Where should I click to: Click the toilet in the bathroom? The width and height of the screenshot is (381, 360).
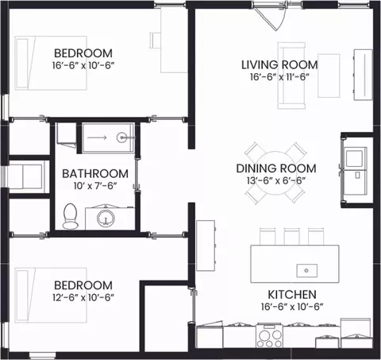(x=71, y=216)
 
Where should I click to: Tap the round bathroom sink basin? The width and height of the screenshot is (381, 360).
(x=106, y=218)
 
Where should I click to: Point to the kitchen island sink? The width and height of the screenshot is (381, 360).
(x=306, y=270)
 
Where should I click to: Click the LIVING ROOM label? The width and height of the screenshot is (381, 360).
(x=279, y=65)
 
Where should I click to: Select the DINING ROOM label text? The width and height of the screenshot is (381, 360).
(x=276, y=168)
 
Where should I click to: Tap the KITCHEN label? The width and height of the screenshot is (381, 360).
(x=292, y=295)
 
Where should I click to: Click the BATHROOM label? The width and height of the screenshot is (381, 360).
(x=95, y=174)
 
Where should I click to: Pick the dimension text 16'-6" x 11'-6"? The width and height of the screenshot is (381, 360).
(x=279, y=77)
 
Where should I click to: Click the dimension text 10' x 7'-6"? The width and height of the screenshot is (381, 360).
(x=95, y=186)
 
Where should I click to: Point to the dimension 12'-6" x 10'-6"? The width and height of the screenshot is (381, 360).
(x=83, y=297)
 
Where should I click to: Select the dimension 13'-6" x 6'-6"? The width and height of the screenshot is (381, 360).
(x=276, y=180)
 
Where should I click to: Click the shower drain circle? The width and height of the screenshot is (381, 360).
(x=121, y=137)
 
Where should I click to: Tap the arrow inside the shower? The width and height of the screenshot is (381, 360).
(x=97, y=137)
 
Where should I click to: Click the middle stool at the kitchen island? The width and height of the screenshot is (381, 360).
(x=292, y=236)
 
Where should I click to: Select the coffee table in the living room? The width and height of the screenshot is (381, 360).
(x=329, y=75)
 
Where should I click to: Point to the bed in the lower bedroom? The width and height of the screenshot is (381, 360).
(x=51, y=295)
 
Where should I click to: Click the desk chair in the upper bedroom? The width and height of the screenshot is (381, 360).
(x=155, y=41)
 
